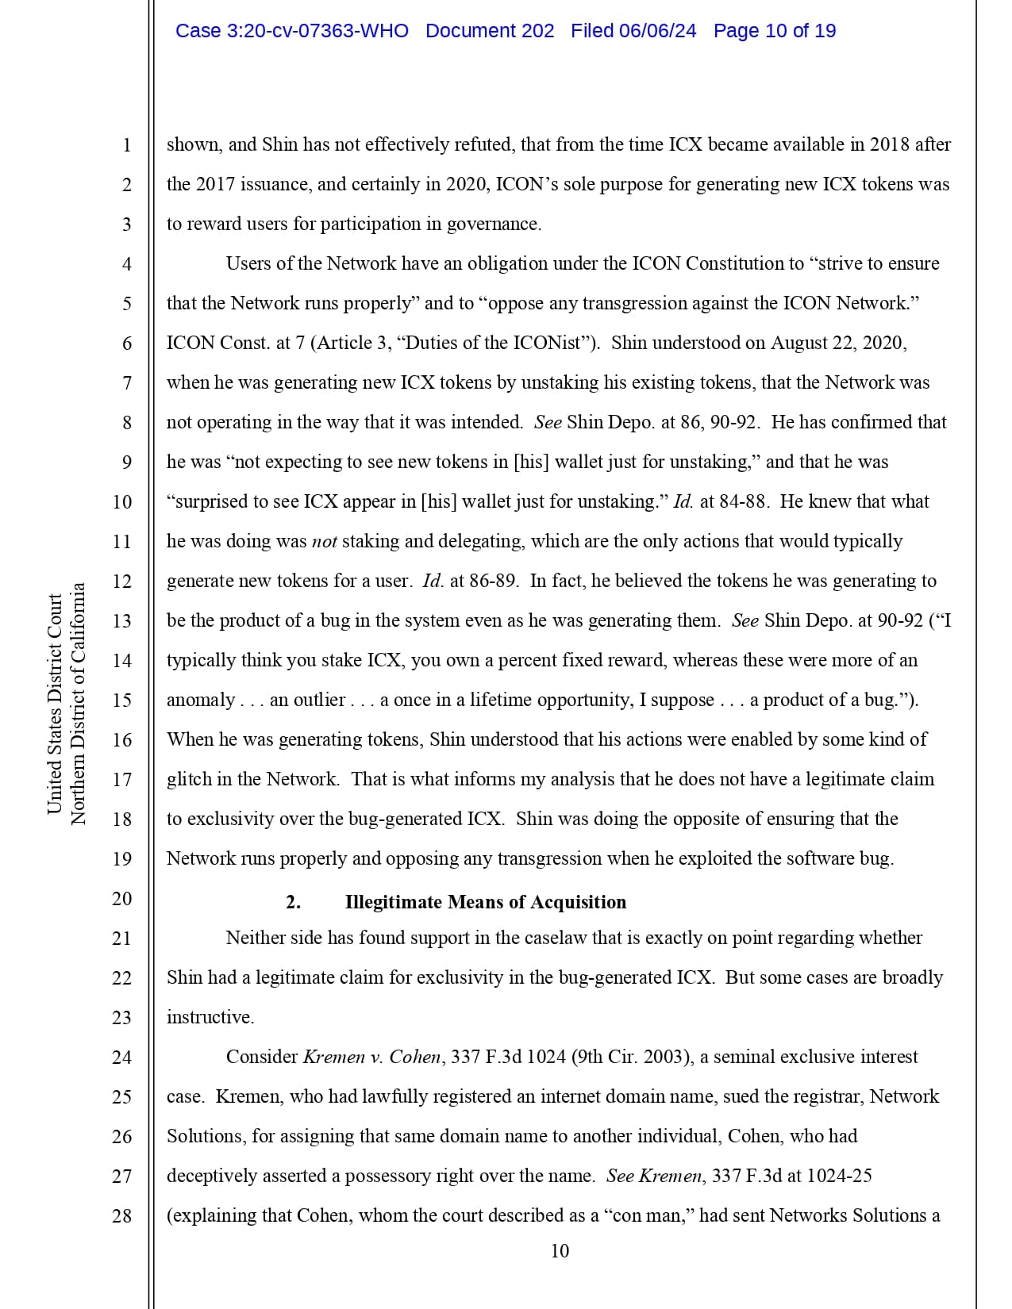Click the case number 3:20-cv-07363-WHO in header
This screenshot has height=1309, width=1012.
point(292,31)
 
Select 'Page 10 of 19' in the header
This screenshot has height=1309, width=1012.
point(774,31)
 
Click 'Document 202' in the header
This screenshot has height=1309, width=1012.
point(490,31)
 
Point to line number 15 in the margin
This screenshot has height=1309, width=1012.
point(121,701)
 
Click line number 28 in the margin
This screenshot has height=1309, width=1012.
point(121,1216)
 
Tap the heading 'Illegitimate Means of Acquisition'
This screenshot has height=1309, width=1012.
point(485,902)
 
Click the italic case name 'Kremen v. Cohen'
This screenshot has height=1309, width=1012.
point(372,1057)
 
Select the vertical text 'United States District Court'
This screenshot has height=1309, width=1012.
point(55,704)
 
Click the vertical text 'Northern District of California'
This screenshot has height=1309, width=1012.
point(78,704)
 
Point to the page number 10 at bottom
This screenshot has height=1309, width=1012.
point(560,1251)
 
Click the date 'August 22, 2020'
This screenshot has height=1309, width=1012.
point(838,343)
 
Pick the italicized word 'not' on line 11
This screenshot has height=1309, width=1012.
point(325,542)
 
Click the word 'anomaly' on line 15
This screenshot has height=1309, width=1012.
point(200,701)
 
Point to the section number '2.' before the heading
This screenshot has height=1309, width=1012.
point(293,902)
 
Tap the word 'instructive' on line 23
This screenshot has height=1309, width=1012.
point(209,1017)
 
